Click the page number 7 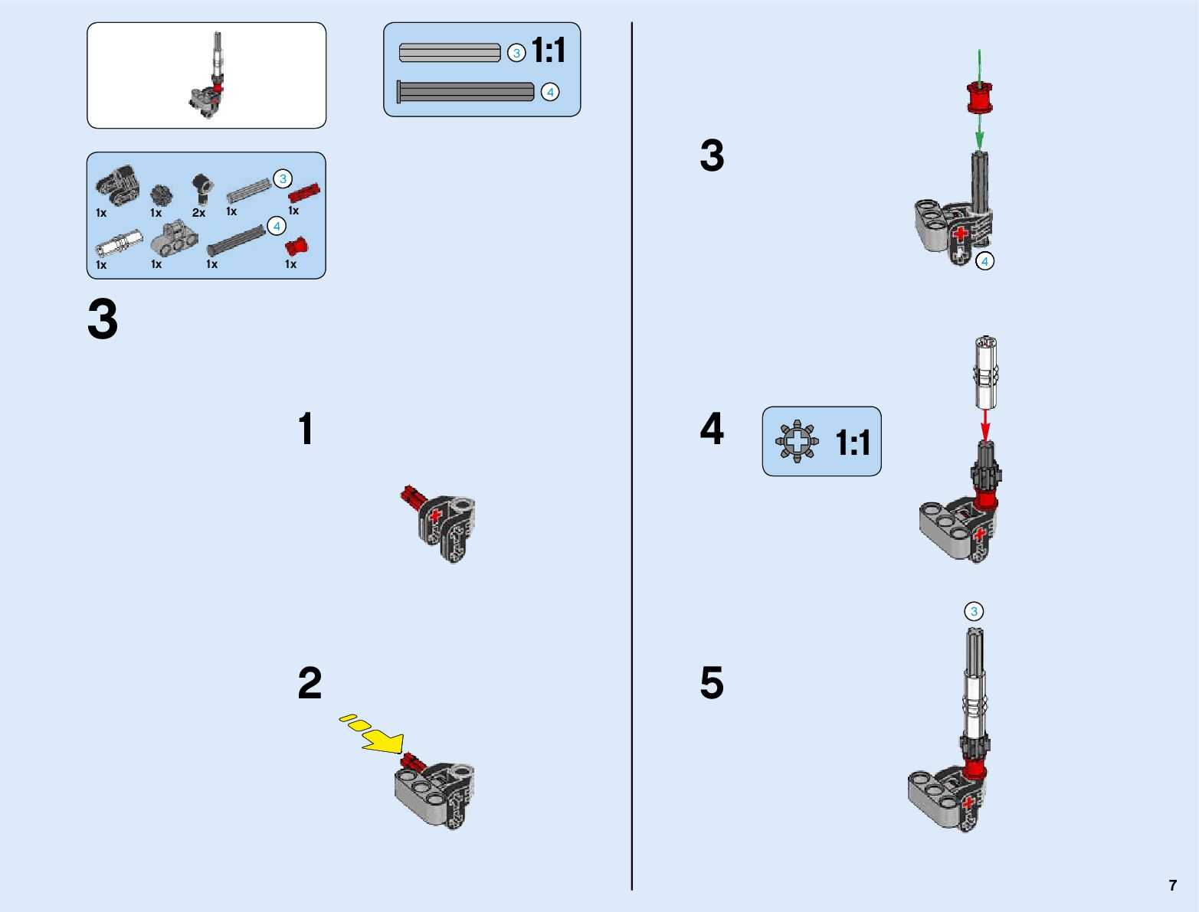pyautogui.click(x=1172, y=885)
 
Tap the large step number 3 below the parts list pyautogui.click(x=103, y=320)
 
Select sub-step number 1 pyautogui.click(x=306, y=429)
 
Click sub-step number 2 pyautogui.click(x=310, y=683)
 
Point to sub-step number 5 pyautogui.click(x=712, y=683)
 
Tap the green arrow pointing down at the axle pyautogui.click(x=979, y=133)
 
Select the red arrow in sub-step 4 pyautogui.click(x=985, y=423)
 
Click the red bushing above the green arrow pyautogui.click(x=978, y=96)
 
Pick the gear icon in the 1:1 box pyautogui.click(x=797, y=441)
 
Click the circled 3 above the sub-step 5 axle pyautogui.click(x=974, y=611)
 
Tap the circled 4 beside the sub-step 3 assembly pyautogui.click(x=984, y=261)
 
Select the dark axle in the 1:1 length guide pyautogui.click(x=466, y=92)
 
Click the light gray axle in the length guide pyautogui.click(x=450, y=53)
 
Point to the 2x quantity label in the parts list pyautogui.click(x=199, y=213)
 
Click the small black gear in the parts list pyautogui.click(x=160, y=195)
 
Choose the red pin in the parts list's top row pyautogui.click(x=303, y=192)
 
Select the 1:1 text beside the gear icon pyautogui.click(x=852, y=443)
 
